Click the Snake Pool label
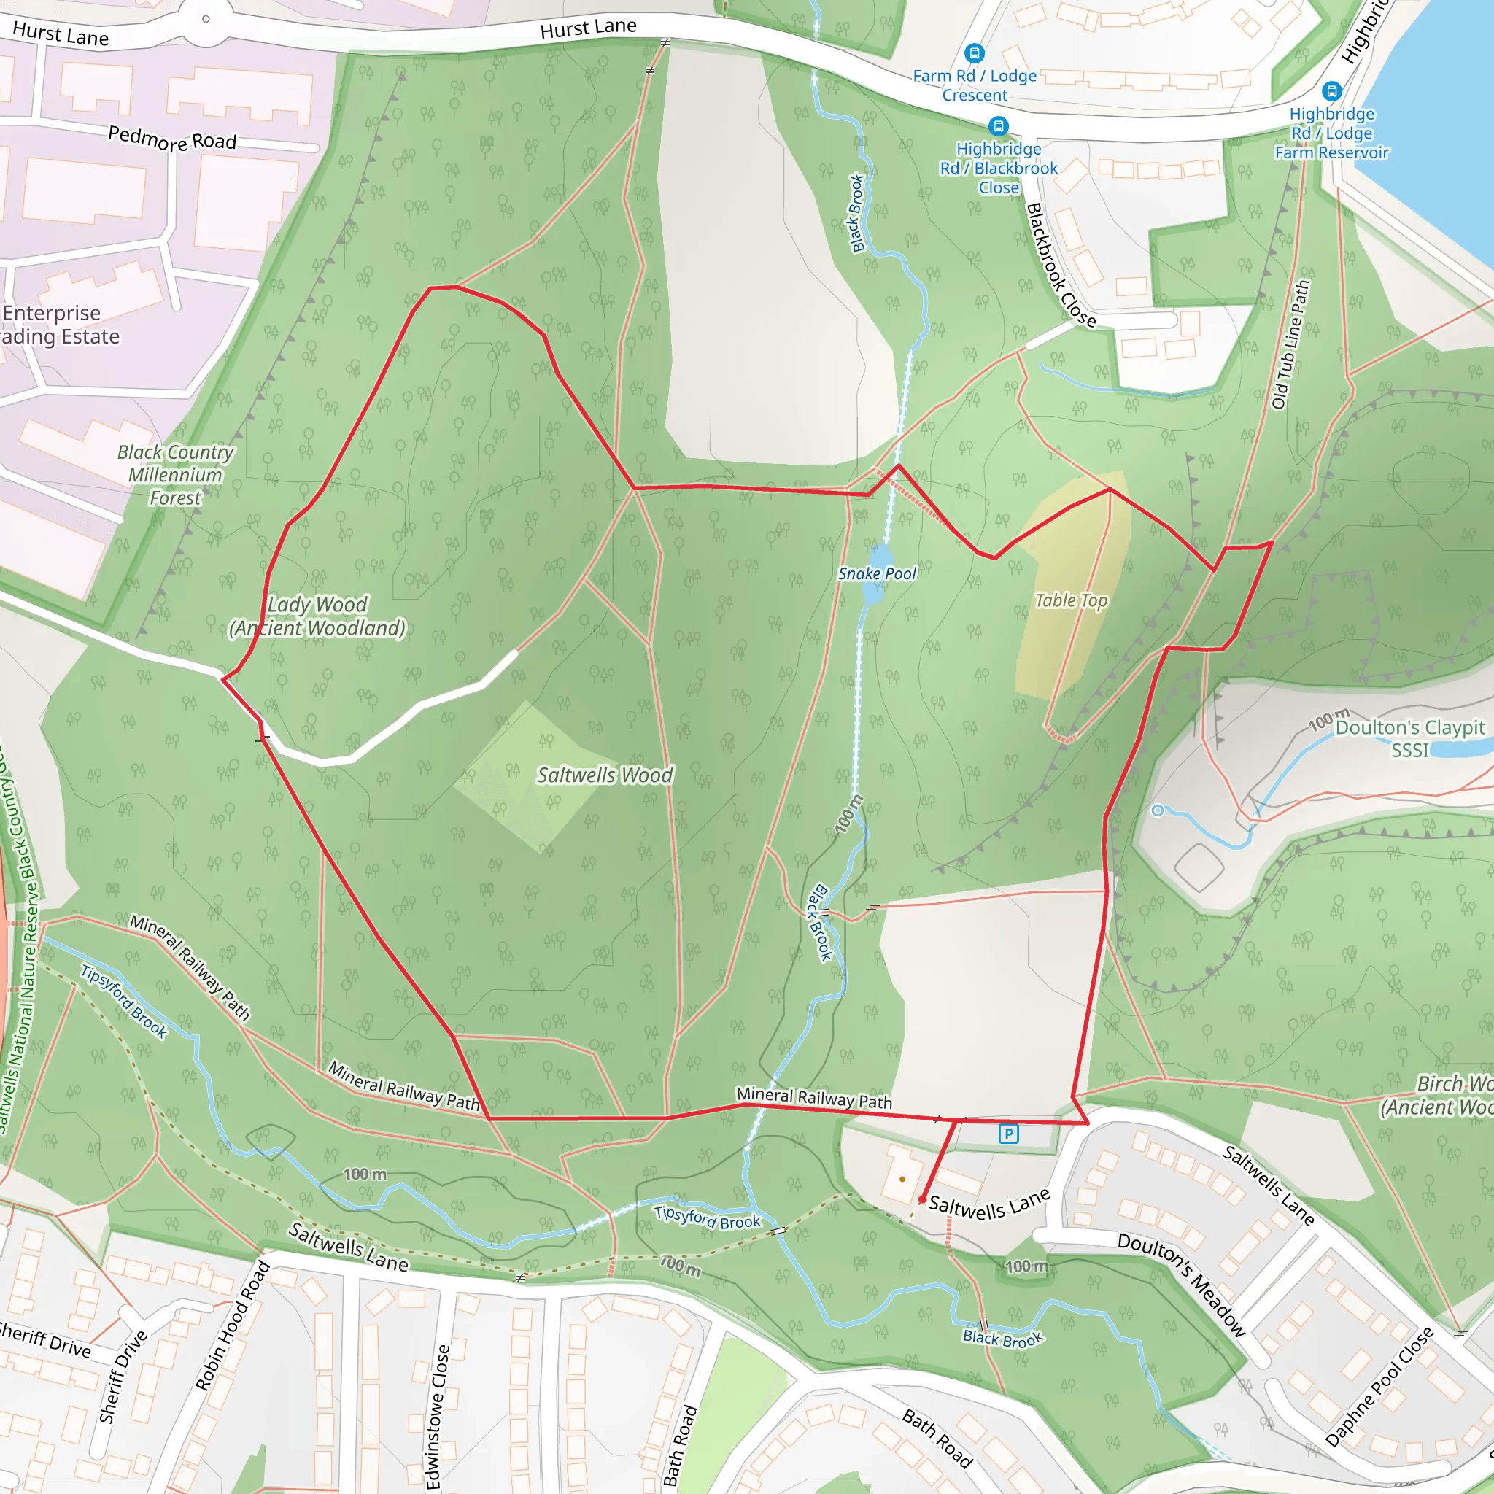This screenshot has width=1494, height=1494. coord(877,574)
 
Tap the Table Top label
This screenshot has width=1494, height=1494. coord(1071,601)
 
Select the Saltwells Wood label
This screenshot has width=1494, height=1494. coord(605,775)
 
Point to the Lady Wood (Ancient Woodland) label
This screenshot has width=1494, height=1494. coord(317,616)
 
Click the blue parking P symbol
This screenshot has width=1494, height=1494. coord(1008,1134)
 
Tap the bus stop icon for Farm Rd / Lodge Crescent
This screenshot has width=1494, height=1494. coord(975,53)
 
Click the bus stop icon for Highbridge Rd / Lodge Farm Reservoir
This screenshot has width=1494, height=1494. coord(1331,91)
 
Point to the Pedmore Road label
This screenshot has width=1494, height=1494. coord(171,139)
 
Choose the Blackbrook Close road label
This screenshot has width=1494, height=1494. coord(1060,266)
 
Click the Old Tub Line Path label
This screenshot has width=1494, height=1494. coord(1290,345)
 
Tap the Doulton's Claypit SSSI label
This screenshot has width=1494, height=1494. coord(1409,738)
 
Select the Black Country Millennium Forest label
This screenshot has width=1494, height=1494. coord(176,475)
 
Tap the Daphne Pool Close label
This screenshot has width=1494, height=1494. coord(1379,1387)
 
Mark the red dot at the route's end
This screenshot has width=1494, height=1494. coord(923,1199)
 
